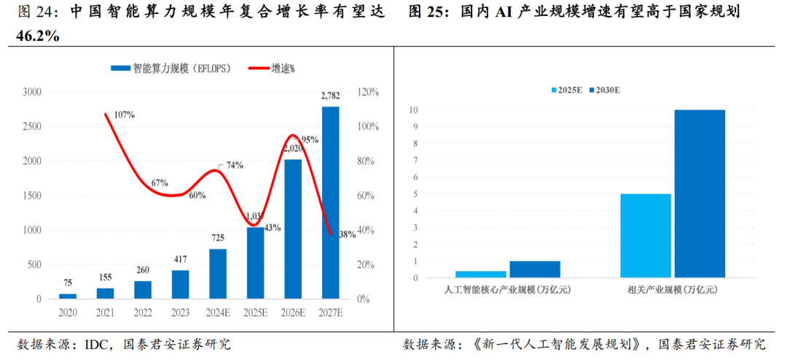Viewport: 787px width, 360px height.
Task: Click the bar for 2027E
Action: point(330,203)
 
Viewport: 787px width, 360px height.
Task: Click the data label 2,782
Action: point(330,96)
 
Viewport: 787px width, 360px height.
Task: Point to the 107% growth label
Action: point(124,114)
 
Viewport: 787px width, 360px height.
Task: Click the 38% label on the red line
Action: point(348,235)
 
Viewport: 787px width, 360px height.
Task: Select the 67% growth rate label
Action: point(160,183)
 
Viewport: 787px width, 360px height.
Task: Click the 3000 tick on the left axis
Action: point(32,92)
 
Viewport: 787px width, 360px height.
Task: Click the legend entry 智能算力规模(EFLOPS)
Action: point(171,69)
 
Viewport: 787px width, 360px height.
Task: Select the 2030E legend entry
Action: point(608,90)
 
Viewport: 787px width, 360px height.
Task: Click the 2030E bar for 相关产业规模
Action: point(699,193)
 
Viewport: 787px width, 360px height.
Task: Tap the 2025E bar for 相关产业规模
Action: point(646,235)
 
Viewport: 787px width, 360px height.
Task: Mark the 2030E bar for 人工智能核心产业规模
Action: point(535,269)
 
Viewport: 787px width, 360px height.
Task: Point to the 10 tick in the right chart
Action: point(413,110)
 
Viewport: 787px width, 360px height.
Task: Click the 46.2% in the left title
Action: point(38,36)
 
